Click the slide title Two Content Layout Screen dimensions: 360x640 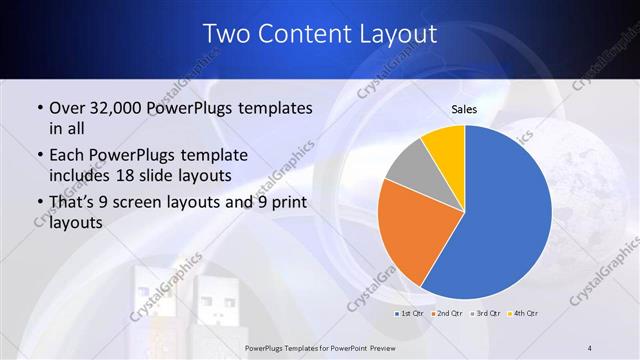pos(319,34)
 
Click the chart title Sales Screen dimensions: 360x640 pos(465,109)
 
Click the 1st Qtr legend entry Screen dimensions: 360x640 pos(408,314)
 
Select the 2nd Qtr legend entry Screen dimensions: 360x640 pos(446,314)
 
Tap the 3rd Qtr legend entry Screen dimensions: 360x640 pos(484,314)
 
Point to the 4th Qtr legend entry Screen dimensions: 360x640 pos(522,314)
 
